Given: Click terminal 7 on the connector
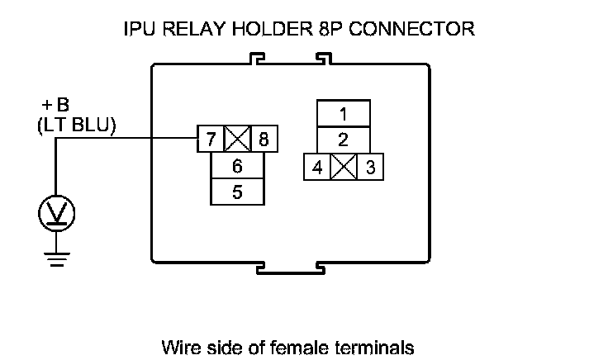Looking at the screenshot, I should tap(211, 140).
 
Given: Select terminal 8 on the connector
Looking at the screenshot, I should tap(264, 140).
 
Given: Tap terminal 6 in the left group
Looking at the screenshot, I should tap(237, 166).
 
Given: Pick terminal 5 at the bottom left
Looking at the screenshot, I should tap(237, 192).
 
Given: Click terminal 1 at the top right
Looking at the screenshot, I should tap(343, 113).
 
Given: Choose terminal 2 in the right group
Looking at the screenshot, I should tap(343, 140).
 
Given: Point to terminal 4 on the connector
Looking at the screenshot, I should tap(317, 167).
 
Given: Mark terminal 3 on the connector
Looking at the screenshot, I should tap(370, 167).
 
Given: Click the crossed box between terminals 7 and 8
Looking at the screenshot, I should tap(237, 140).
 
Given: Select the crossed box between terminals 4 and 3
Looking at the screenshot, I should tap(344, 167).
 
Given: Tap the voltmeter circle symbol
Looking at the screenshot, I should tap(56, 214).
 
